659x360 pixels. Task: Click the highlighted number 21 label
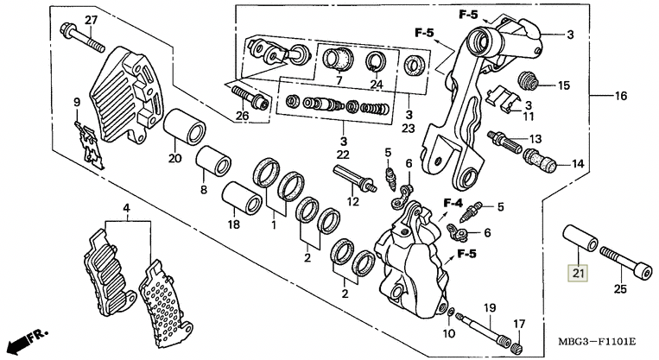coord(576,275)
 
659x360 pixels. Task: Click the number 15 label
coord(563,85)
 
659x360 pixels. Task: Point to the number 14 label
coord(577,162)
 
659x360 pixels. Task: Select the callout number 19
coord(489,308)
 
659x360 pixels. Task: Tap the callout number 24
coord(375,84)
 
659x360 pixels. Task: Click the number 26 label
coord(242,117)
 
